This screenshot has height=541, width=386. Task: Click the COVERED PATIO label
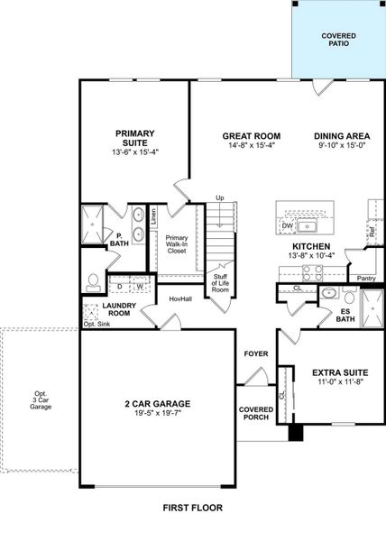[339, 38]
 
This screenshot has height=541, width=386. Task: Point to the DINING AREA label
[341, 136]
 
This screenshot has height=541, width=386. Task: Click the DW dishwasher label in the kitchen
[287, 226]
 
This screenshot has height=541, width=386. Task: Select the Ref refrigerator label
[371, 231]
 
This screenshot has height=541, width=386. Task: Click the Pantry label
[365, 279]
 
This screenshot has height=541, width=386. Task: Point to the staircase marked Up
[220, 230]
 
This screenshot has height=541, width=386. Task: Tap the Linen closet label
[154, 217]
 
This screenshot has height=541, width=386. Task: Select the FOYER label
[256, 354]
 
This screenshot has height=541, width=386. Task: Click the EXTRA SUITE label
[338, 371]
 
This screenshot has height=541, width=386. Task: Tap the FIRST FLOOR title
[192, 508]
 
